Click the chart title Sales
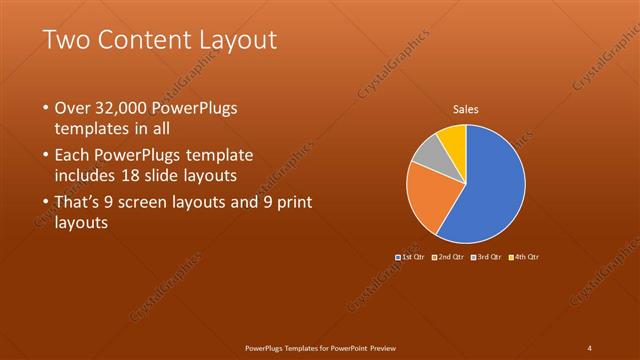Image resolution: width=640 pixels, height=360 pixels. [466, 108]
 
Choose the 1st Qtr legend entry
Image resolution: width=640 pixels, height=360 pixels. [411, 258]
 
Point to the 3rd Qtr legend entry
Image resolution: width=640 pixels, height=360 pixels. [487, 258]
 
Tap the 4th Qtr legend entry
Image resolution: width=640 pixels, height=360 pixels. [526, 258]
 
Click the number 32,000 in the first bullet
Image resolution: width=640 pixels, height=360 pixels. [122, 108]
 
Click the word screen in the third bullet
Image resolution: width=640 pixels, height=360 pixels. [159, 203]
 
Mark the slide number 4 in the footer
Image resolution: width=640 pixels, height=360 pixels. [590, 348]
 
